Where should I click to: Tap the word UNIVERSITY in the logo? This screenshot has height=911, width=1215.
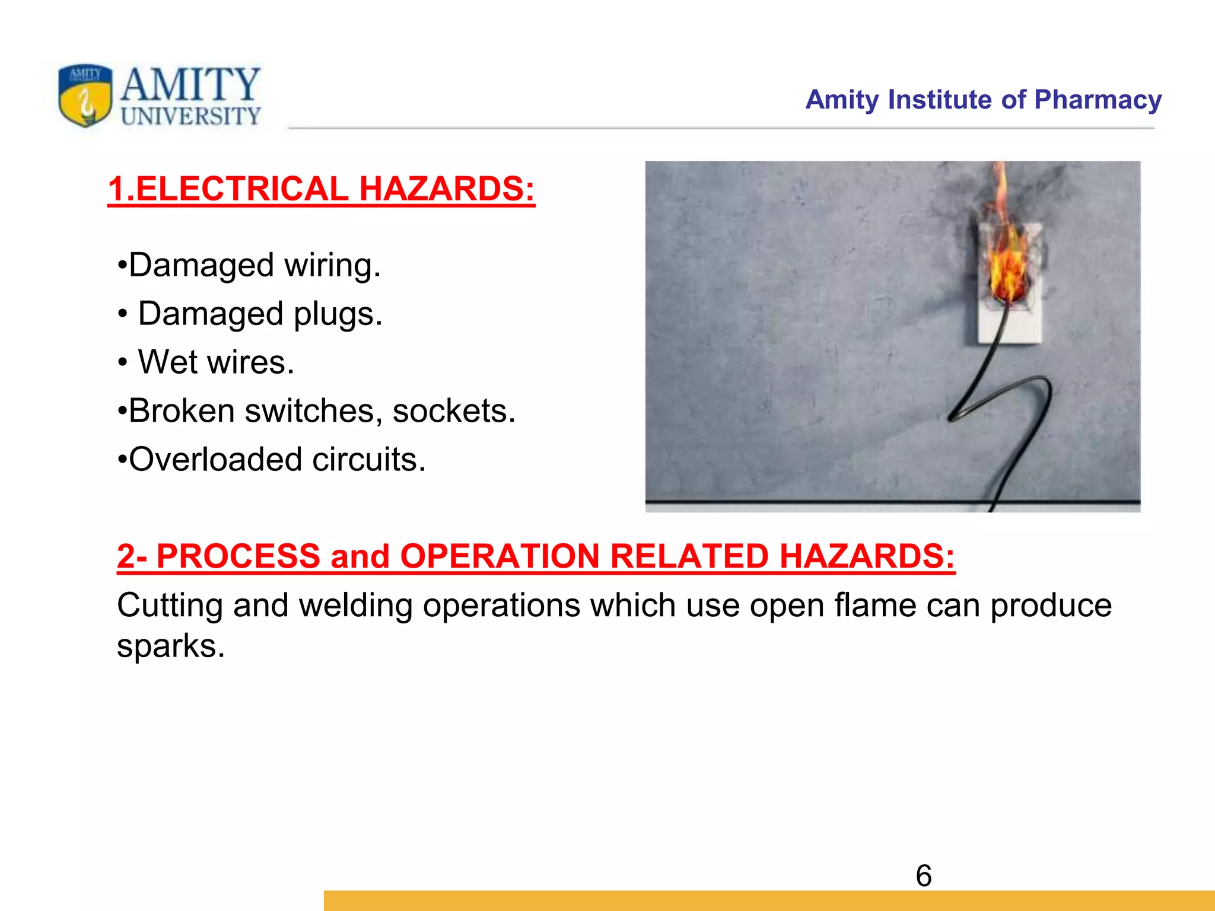point(190,116)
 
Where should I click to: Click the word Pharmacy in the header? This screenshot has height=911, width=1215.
point(1098,100)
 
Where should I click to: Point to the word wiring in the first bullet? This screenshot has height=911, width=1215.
point(332,266)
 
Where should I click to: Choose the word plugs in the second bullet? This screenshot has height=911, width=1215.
point(338,314)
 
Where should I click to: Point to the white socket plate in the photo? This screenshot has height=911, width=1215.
point(1010,323)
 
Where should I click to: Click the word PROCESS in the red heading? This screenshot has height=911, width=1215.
point(238,557)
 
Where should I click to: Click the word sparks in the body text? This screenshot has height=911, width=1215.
point(170,646)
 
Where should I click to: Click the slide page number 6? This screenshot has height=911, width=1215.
point(924,876)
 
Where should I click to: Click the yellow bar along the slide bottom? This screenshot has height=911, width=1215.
point(769,900)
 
